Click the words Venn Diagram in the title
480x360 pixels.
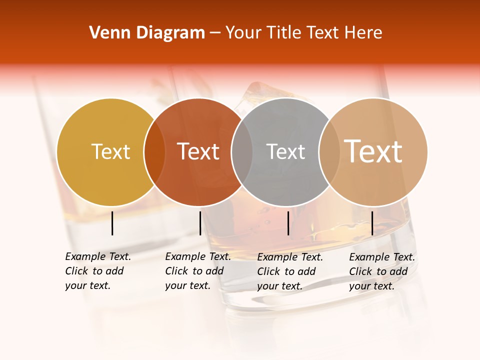point(147,33)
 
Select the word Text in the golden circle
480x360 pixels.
point(111,151)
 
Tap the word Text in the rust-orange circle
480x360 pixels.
point(198,151)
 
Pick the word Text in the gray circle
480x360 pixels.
point(285,151)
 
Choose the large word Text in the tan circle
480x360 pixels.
point(373,151)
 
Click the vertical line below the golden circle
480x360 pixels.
point(112,223)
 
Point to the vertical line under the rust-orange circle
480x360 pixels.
point(200,223)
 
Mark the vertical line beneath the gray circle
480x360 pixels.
point(288,223)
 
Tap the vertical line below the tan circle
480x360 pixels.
point(372,223)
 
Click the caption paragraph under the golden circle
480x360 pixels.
point(97,271)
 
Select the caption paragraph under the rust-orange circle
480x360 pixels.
point(197,271)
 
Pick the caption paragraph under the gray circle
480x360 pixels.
point(289,271)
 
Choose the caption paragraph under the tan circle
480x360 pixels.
point(381,271)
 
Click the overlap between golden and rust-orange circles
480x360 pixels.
point(154,152)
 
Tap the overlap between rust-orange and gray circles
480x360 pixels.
point(242,152)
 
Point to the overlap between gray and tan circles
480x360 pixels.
point(329,152)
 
